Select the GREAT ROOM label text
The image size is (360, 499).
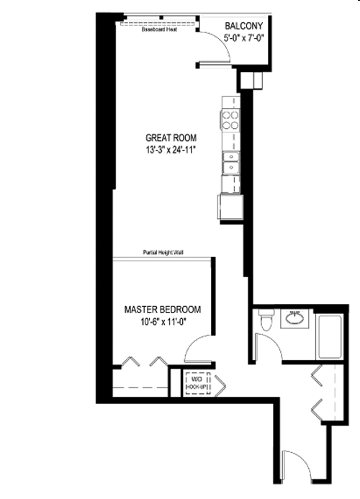click(171, 138)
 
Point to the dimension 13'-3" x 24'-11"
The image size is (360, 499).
click(171, 150)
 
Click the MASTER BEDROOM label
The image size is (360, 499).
click(163, 310)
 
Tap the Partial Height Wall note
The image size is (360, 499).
click(163, 253)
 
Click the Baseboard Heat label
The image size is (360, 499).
click(159, 31)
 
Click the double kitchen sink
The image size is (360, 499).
click(232, 164)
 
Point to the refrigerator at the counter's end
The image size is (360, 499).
click(230, 208)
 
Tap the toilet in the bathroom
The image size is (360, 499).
click(266, 319)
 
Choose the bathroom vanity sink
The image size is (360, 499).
click(294, 318)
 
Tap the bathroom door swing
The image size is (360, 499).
click(268, 348)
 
